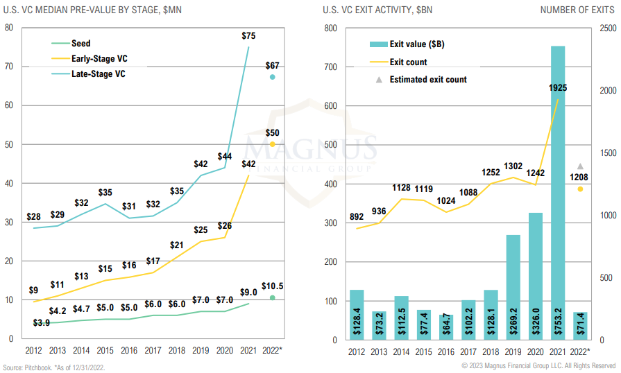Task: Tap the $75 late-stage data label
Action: [248, 35]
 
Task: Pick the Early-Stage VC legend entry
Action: [99, 59]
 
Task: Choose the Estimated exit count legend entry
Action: [428, 80]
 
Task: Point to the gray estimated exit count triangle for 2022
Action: [580, 166]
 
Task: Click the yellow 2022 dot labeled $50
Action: [273, 144]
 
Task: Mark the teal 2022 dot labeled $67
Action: [273, 77]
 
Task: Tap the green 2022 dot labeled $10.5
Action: [273, 297]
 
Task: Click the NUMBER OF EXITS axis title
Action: [577, 10]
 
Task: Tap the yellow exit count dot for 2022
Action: [580, 189]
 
